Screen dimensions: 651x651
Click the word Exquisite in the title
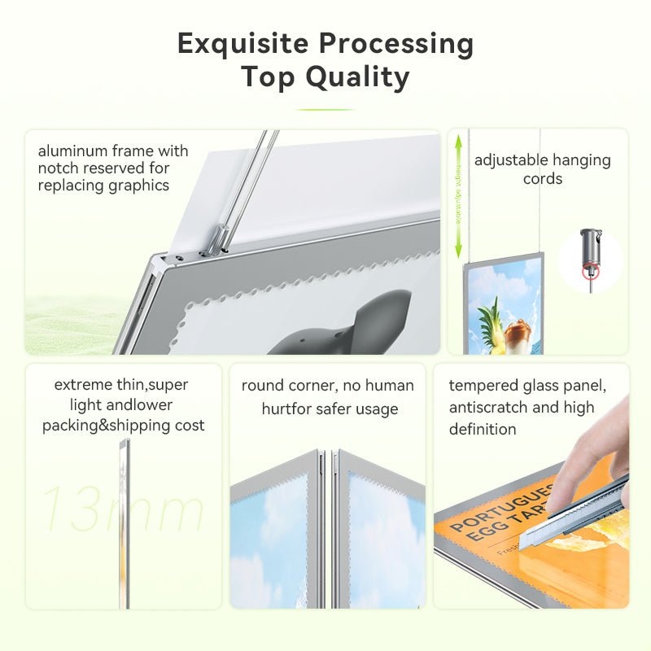coord(242,43)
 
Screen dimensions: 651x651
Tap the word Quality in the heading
coord(357,77)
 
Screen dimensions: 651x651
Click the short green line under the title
coord(325,109)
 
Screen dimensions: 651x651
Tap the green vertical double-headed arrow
coord(458,195)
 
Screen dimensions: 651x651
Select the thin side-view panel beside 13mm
coord(125,521)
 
